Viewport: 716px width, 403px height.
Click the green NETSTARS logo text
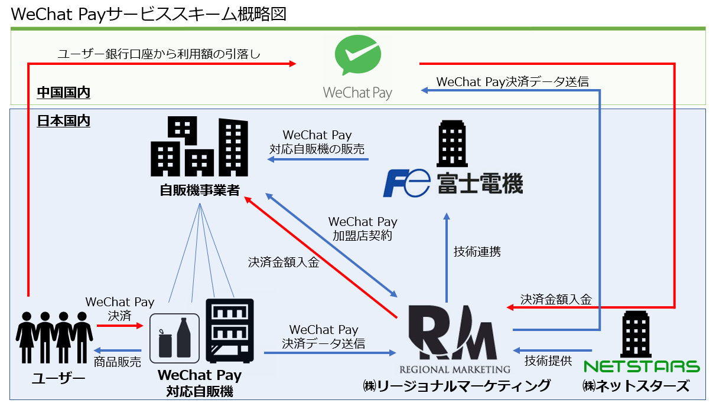pos(641,366)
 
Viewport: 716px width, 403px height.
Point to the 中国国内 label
pos(63,93)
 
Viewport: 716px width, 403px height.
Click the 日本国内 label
pos(63,121)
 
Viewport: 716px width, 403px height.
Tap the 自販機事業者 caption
pos(200,191)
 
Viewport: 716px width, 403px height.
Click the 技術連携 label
pos(477,251)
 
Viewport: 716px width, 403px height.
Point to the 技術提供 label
pos(548,361)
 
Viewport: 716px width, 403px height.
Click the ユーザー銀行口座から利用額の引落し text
pos(160,54)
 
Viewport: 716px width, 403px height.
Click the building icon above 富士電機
pos(453,144)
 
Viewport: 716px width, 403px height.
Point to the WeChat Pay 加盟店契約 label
pos(363,228)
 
